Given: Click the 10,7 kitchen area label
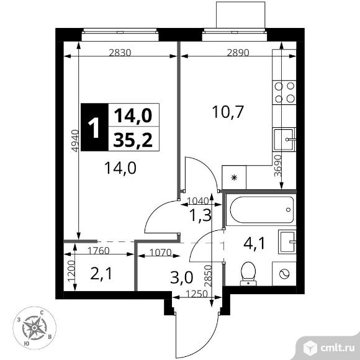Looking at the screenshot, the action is (228, 112).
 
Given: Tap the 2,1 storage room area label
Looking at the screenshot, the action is (101, 274).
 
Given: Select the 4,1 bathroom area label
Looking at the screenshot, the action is (254, 243).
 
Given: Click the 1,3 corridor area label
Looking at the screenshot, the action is (200, 215).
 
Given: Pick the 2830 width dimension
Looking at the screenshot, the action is (120, 53).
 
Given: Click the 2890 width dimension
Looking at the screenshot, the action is (238, 53).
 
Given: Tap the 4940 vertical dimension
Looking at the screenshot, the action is (75, 140).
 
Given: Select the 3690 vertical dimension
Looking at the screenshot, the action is (278, 165).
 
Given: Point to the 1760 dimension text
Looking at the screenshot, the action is (99, 251).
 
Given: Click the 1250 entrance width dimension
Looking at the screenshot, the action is (197, 294).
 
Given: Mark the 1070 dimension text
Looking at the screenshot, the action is (161, 253).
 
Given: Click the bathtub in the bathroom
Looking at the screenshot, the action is (261, 209).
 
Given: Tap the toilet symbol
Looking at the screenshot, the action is (248, 274).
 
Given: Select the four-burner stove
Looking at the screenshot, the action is (284, 92).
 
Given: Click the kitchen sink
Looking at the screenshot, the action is (284, 140).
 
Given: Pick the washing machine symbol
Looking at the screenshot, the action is (284, 274).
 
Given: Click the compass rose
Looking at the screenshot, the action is (34, 328).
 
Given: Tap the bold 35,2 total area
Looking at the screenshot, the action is (133, 140).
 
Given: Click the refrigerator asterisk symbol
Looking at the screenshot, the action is (234, 178).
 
